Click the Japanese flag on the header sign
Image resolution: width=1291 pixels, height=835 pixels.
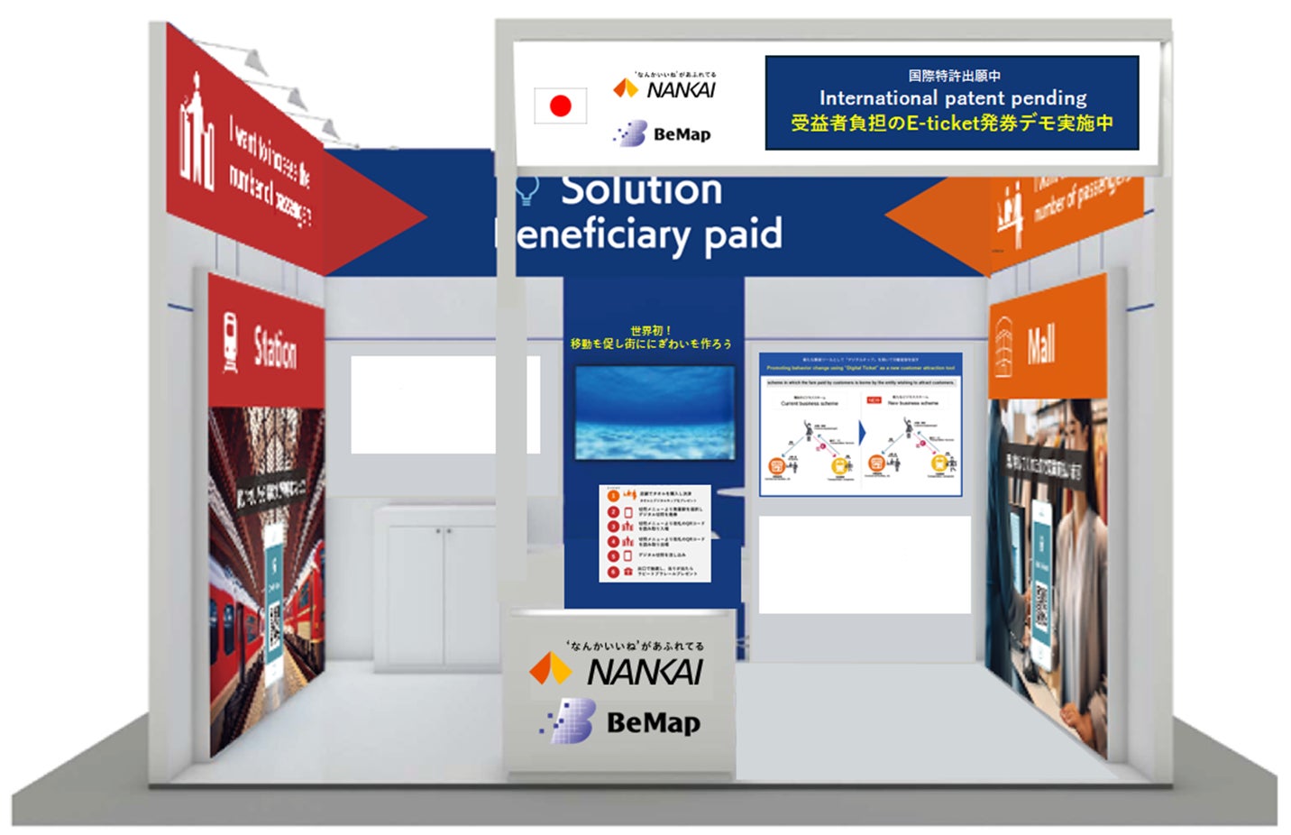[x=560, y=106]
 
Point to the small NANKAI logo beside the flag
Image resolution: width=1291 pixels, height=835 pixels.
[x=665, y=88]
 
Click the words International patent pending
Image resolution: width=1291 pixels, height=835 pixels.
[x=952, y=97]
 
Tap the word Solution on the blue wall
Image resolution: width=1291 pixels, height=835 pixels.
[x=641, y=190]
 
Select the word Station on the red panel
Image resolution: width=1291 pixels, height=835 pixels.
[x=275, y=348]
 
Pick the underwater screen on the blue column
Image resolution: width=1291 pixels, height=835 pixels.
[x=655, y=412]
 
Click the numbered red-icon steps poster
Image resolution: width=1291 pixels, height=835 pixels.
[x=655, y=533]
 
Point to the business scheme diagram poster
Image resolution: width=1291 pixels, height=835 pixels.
[x=860, y=424]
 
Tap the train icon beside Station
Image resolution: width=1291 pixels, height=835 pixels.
[x=231, y=343]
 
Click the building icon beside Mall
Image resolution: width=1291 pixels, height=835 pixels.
[x=1003, y=348]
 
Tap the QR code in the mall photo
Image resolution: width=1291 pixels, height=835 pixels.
[x=1041, y=605]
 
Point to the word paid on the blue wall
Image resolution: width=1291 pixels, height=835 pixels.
[x=743, y=234]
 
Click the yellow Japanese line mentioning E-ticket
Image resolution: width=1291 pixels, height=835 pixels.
[x=952, y=123]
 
